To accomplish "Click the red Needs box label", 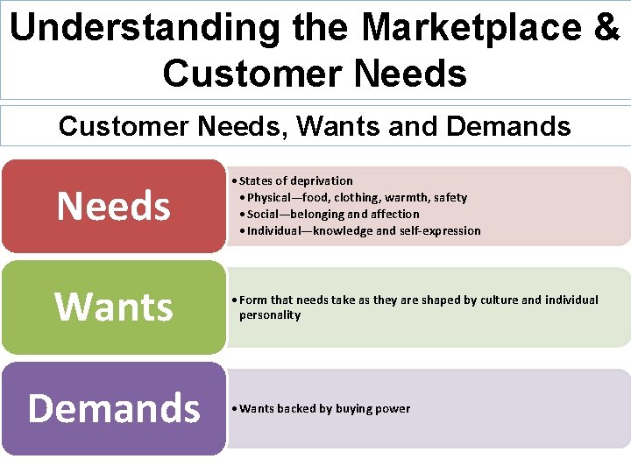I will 113,207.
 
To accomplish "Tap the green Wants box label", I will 113,307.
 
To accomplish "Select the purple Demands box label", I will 114,408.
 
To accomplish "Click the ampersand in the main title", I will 606,27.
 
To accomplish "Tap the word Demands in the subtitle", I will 508,126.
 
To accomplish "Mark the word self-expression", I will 441,230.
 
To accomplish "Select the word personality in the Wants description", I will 270,315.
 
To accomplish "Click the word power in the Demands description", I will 393,409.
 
